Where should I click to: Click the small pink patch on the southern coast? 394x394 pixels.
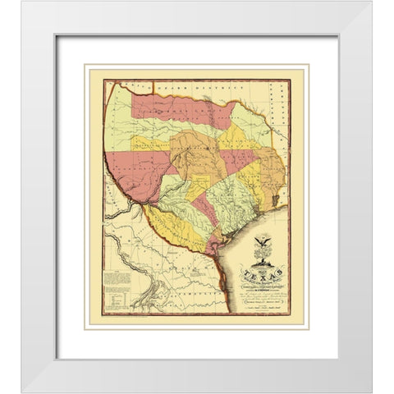click(x=215, y=246)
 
